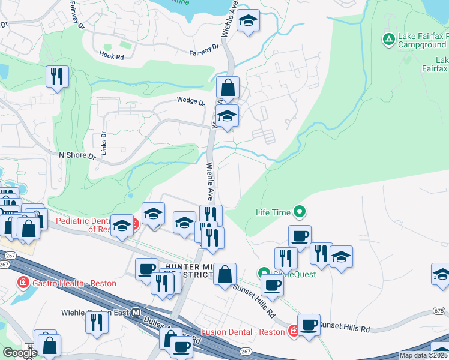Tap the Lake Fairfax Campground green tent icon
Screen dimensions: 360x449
(x=389, y=40)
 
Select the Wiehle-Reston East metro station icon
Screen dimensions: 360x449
(x=136, y=313)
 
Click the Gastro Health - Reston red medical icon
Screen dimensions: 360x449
(x=23, y=282)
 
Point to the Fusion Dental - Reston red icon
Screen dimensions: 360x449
(x=294, y=331)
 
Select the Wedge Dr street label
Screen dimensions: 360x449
(x=191, y=101)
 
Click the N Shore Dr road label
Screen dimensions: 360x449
(x=77, y=155)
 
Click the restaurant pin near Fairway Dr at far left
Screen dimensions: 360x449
(x=57, y=76)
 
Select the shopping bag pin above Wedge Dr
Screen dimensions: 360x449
(x=228, y=88)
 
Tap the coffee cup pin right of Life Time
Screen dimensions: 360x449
(x=300, y=236)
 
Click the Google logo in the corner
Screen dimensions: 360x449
(x=20, y=353)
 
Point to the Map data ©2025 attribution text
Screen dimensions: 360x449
(x=423, y=355)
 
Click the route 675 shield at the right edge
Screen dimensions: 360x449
(x=439, y=311)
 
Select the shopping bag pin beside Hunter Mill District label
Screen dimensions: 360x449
(x=224, y=274)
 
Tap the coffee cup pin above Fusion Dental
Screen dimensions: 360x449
(x=309, y=325)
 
